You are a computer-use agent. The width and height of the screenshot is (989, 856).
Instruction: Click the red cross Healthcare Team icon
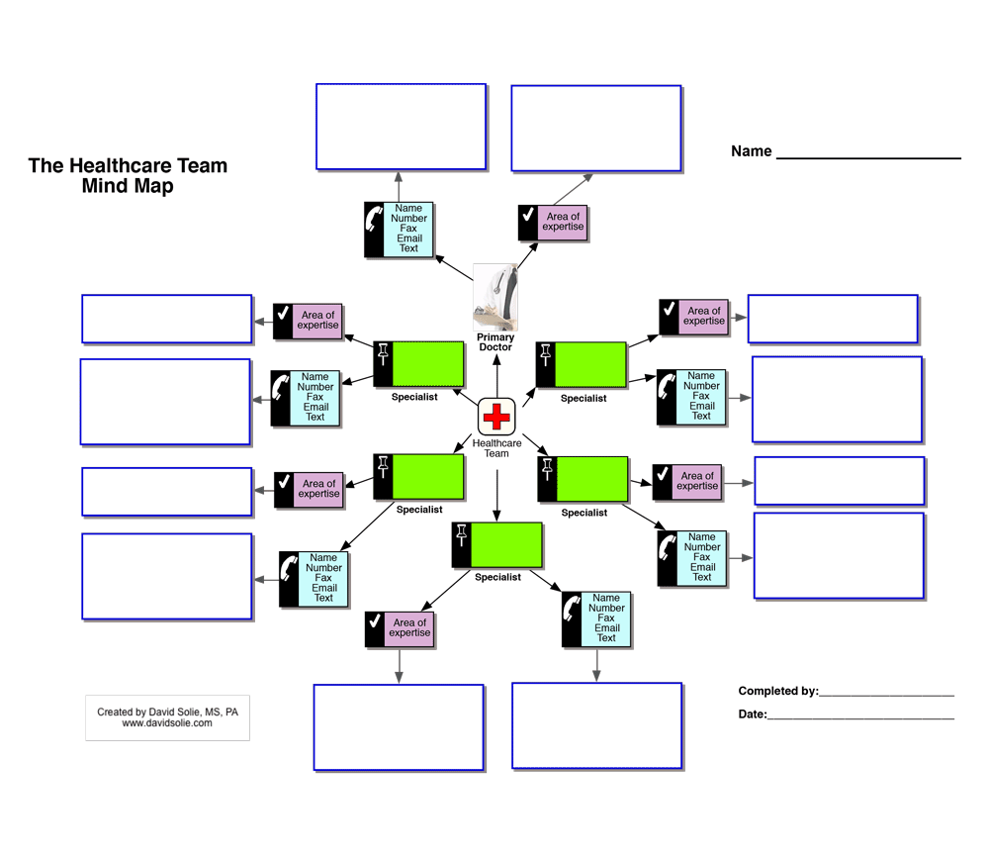click(x=495, y=417)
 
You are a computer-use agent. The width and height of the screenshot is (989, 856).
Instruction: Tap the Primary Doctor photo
click(x=495, y=296)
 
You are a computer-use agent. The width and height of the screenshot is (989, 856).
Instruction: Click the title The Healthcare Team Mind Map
click(x=128, y=175)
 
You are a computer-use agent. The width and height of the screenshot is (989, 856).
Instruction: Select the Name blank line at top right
click(x=868, y=153)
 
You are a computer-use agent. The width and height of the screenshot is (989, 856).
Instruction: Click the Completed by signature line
click(x=886, y=693)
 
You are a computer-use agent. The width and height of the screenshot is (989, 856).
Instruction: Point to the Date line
click(x=860, y=715)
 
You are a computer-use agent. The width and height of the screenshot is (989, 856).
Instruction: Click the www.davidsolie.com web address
click(x=167, y=723)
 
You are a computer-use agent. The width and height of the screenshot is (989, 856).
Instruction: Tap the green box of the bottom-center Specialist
click(x=506, y=544)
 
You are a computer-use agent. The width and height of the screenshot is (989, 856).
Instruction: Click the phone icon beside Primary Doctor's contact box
click(x=374, y=229)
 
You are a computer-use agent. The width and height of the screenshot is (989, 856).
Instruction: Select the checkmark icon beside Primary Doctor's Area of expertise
click(x=528, y=222)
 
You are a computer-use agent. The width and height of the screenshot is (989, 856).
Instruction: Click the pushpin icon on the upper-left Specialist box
click(x=383, y=363)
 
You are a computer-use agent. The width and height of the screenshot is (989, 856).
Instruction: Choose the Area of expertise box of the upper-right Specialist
click(x=703, y=317)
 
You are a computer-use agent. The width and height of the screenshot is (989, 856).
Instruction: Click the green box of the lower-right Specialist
click(x=591, y=479)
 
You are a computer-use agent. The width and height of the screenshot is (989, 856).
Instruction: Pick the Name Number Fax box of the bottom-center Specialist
click(x=606, y=618)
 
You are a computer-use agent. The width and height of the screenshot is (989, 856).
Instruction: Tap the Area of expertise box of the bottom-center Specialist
click(x=409, y=628)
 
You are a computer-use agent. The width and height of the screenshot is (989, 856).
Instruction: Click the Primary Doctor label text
click(x=495, y=342)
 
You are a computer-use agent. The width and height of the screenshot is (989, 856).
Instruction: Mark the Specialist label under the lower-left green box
click(x=418, y=511)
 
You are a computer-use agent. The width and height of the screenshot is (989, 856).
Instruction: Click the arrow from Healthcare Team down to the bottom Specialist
click(x=496, y=495)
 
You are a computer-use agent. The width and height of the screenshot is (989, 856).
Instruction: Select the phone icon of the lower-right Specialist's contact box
click(x=668, y=558)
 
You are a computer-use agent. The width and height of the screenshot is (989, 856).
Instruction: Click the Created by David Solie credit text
click(x=167, y=712)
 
